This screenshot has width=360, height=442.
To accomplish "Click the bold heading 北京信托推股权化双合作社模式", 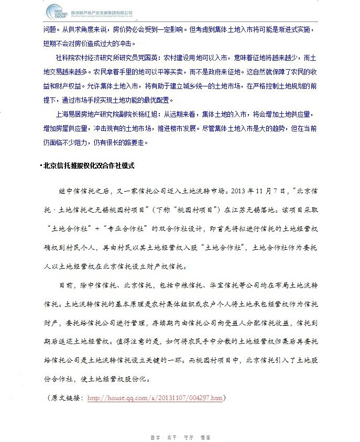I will pyautogui.click(x=89, y=166).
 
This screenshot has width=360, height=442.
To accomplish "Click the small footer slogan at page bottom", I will pyautogui.click(x=179, y=436).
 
